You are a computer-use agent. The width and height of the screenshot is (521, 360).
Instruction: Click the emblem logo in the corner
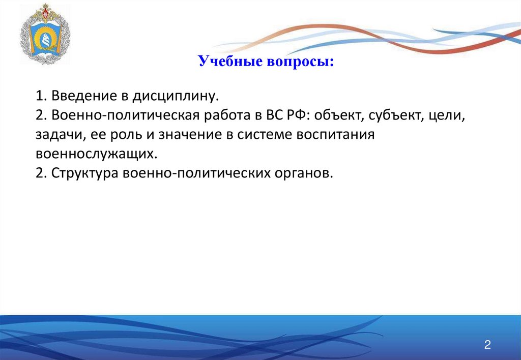coord(45,34)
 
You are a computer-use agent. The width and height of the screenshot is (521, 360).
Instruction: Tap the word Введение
coord(84,96)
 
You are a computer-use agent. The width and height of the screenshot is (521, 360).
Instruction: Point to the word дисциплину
coord(176,96)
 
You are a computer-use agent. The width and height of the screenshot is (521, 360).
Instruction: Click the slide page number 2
coord(487,345)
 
